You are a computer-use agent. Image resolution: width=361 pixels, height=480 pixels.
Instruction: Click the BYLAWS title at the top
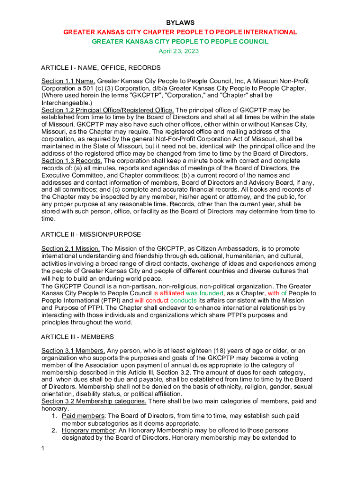click(x=180, y=22)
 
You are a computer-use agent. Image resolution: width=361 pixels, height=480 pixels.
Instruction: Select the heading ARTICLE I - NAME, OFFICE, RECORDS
click(x=101, y=67)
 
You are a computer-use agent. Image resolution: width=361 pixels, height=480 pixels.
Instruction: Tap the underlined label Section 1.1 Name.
click(x=68, y=81)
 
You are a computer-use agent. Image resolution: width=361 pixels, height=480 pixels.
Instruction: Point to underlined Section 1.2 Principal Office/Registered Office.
click(x=107, y=110)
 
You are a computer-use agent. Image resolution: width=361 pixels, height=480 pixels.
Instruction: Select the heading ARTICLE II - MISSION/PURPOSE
click(x=91, y=234)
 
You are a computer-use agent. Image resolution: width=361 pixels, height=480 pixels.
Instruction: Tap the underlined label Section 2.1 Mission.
click(x=70, y=248)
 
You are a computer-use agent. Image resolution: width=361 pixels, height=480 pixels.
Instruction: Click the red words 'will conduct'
click(x=151, y=300)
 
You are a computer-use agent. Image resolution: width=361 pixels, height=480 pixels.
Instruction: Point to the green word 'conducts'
click(x=183, y=300)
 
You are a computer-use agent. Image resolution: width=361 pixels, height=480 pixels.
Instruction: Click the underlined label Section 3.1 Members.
click(x=73, y=351)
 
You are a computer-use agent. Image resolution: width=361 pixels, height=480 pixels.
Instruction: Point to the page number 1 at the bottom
click(x=43, y=449)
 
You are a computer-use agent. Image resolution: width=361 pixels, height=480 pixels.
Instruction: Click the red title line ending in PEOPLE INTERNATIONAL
click(x=180, y=32)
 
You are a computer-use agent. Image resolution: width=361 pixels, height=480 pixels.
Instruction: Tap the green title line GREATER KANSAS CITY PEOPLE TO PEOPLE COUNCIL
click(x=180, y=42)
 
